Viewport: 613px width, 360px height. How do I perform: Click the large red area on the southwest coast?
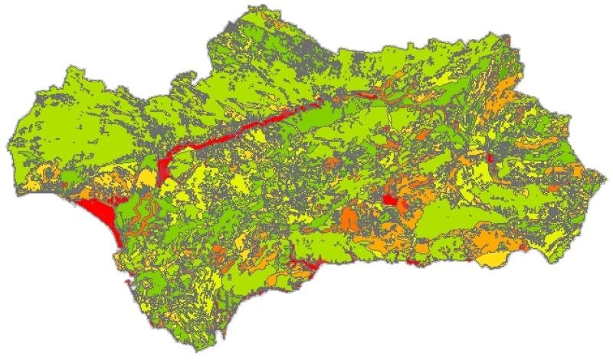[x=98, y=211]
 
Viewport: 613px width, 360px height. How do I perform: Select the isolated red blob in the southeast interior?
[x=390, y=201]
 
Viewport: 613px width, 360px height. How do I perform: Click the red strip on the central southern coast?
[x=306, y=265]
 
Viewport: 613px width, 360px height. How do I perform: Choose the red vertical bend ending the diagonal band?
[x=164, y=170]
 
